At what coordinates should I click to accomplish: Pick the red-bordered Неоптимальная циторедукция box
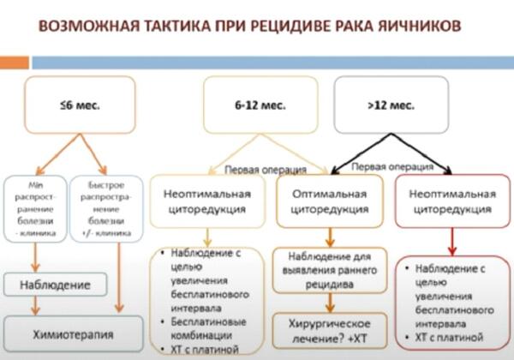(455, 201)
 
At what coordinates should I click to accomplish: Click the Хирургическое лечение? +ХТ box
(329, 330)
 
